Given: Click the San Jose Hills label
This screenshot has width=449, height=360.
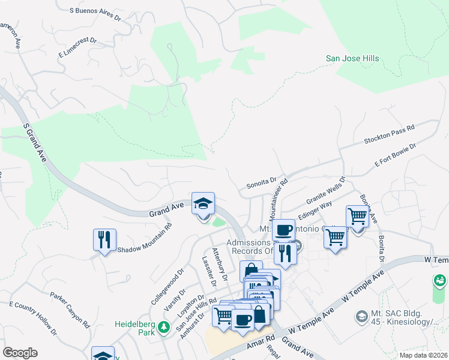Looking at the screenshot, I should point(352,58).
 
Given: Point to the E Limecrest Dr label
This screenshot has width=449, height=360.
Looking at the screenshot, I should point(77,47).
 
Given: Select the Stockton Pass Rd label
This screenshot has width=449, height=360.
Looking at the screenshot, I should point(389,136).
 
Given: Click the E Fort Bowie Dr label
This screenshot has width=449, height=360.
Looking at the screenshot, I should point(395,154).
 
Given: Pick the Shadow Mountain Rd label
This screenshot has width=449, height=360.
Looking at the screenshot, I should point(145,239).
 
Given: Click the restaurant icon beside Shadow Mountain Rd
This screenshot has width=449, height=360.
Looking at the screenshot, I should point(104,240).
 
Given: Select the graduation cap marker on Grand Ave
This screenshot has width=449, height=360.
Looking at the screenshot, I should point(203,204).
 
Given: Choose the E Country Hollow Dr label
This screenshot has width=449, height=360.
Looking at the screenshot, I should point(33,318).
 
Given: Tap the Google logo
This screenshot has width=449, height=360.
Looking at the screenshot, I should point(20,352).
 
